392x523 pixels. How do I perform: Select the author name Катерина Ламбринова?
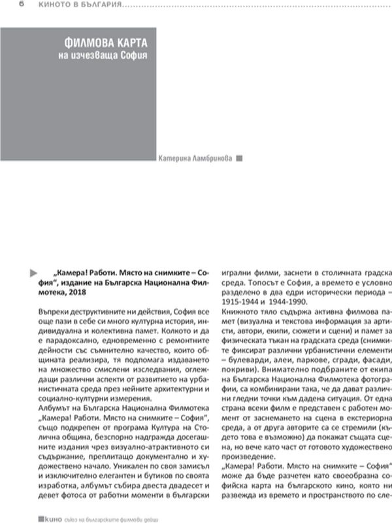(x=195, y=158)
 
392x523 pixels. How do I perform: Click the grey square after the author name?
(x=238, y=158)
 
